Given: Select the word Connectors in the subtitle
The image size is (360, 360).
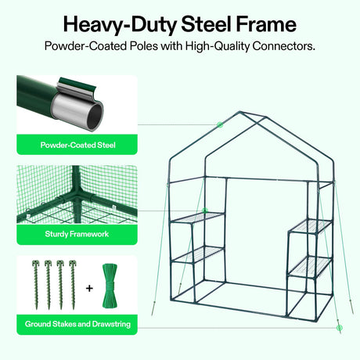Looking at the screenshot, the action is coord(283,46).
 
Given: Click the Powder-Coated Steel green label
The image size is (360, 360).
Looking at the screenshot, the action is coord(77,145).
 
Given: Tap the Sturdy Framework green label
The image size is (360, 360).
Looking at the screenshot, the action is coord(77,234).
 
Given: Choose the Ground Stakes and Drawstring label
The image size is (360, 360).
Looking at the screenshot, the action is coord(77,324).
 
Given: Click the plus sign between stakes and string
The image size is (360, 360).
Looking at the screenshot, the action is coord(89,288).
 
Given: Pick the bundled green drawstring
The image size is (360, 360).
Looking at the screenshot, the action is coord(110,286).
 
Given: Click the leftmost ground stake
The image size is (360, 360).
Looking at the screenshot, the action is coord(36,285).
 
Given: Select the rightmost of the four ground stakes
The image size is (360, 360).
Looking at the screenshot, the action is coord(73,285).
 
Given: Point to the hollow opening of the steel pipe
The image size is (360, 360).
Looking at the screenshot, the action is coord(94,116).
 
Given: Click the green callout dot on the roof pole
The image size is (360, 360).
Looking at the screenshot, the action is coord(220,124).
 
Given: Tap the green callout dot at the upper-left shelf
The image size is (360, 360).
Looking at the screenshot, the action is coord(205,211).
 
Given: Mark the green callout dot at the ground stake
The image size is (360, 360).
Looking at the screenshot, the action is coord(339,328).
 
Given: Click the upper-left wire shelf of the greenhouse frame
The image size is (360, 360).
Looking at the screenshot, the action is coord(197,218).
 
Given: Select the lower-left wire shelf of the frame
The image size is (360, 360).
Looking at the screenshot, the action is coord(198,254).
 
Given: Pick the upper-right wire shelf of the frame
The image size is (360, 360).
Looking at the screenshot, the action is coord(311,226).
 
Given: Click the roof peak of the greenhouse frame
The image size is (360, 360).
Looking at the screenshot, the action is coord(239,112).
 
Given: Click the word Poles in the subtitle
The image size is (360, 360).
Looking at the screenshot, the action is coord(144,46).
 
